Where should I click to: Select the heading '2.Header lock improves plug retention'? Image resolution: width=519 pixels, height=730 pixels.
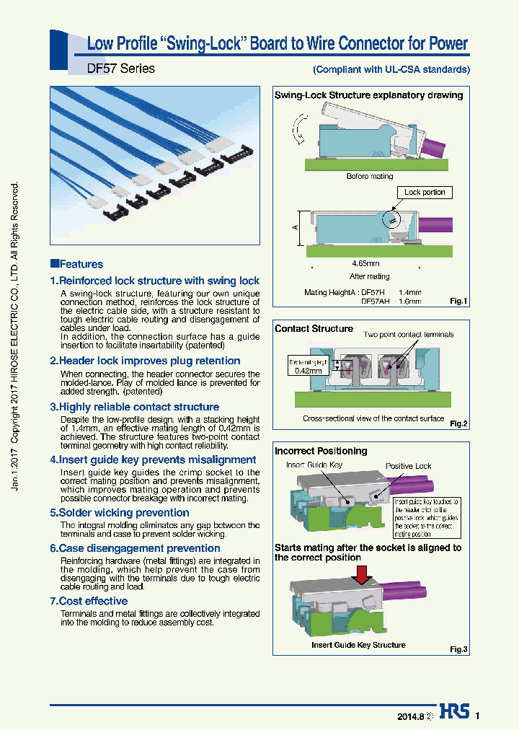coord(145,361)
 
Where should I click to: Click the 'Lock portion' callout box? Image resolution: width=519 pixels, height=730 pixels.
coord(425,193)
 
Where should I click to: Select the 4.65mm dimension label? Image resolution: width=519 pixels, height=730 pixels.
coord(366,263)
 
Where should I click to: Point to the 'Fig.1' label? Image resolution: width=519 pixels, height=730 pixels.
coord(458,301)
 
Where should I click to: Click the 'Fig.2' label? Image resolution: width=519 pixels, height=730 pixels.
coord(458,423)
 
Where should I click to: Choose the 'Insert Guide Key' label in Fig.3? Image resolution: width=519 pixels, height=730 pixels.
coord(315,466)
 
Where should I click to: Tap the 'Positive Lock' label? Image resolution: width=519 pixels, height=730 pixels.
coord(408,466)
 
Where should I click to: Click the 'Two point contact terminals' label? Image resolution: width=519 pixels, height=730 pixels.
coord(409,335)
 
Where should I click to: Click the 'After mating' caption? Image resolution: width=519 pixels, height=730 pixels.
coord(369,276)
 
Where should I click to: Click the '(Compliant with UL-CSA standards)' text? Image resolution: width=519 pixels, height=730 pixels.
coord(391,70)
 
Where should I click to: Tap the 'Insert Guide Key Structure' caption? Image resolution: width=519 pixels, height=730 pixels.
coord(358,645)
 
